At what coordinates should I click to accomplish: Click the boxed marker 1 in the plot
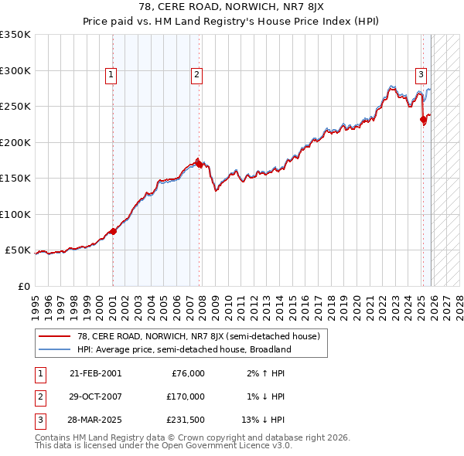(111, 75)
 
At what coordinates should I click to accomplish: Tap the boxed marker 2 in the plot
(197, 75)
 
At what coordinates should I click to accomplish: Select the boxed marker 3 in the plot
(421, 75)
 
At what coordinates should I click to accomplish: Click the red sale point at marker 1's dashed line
(113, 231)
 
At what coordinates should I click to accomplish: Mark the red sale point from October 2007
(199, 164)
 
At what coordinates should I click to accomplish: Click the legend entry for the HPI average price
(183, 349)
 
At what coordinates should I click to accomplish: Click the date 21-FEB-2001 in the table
(95, 373)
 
